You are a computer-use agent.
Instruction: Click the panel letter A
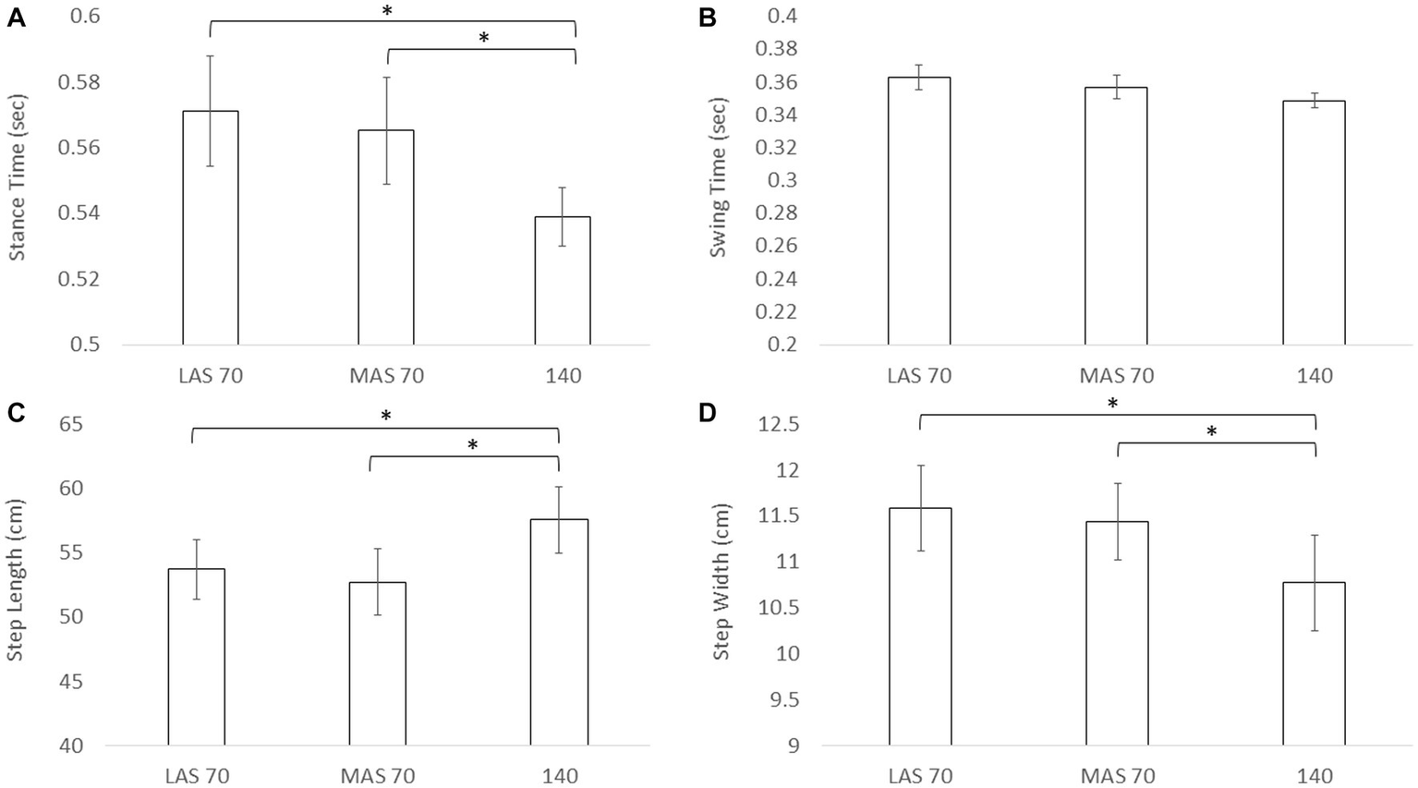tap(16, 17)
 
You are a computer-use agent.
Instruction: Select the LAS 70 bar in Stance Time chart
tap(211, 227)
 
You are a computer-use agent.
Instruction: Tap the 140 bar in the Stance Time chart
tap(563, 281)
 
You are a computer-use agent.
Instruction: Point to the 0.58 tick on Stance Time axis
tap(81, 82)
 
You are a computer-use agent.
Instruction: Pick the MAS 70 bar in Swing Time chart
tap(1116, 216)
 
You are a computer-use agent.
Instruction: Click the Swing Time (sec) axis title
tap(720, 180)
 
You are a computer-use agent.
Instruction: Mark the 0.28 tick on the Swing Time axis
tap(776, 213)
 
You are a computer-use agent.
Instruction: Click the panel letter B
tap(708, 17)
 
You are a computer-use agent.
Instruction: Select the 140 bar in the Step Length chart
tap(559, 632)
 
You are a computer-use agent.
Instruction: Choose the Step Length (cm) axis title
tap(16, 579)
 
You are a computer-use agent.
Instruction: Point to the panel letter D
tap(709, 413)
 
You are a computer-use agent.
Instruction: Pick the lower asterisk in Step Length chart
tap(472, 445)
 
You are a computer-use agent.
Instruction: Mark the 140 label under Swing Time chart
tap(1314, 376)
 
